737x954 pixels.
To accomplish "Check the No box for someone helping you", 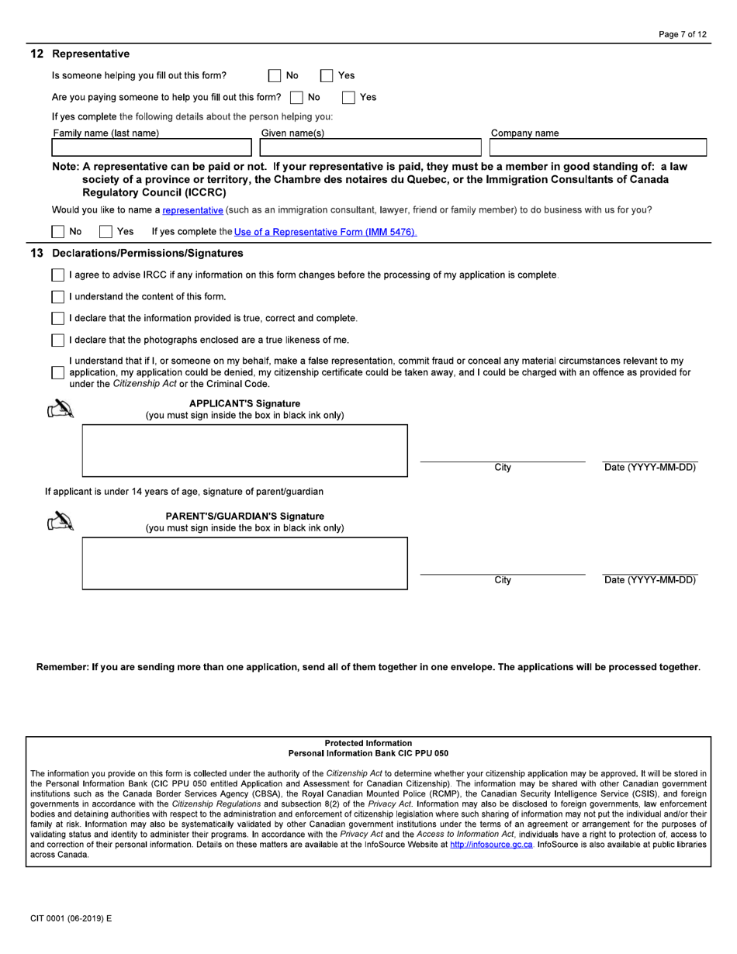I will (275, 76).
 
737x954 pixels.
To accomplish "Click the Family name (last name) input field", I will (151, 147).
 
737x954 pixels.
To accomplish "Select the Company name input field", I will (597, 147).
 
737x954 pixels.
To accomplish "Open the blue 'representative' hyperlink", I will (193, 210).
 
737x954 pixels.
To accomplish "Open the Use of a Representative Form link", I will (325, 232).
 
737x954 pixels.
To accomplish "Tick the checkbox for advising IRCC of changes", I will (58, 275).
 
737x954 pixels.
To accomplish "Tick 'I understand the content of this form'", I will (58, 297).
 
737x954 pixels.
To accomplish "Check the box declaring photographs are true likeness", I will (58, 340).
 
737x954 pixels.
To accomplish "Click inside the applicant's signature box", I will (244, 450).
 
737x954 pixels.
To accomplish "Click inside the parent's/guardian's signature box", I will (244, 563).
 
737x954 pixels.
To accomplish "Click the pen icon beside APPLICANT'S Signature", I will (61, 410).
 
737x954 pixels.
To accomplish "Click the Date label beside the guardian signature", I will (650, 580).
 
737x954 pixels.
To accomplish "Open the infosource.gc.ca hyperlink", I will (491, 845).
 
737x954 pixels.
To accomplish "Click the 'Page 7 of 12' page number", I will (682, 35).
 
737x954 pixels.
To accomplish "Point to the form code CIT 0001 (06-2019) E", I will (71, 918).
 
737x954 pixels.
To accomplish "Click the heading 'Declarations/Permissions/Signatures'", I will (147, 254).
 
